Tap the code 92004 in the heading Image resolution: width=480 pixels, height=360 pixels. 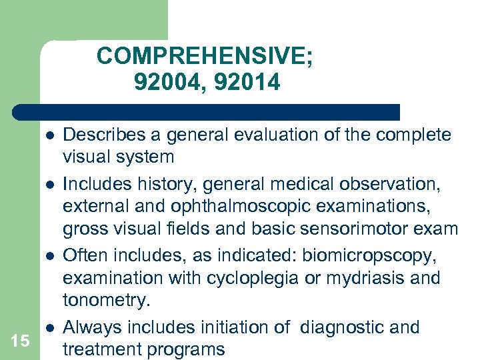tap(167, 82)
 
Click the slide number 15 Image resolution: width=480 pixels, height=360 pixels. tap(20, 341)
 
